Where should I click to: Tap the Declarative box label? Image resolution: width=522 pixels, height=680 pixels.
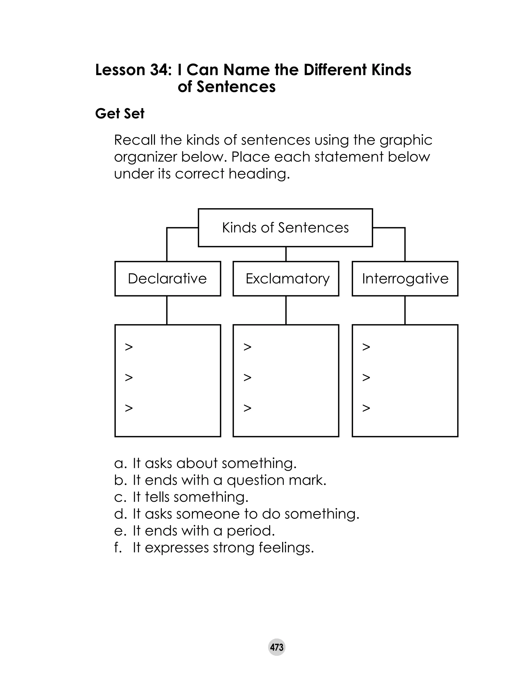(167, 278)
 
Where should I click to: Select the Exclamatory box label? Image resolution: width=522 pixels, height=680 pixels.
(288, 278)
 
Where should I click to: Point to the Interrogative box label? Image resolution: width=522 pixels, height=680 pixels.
(405, 278)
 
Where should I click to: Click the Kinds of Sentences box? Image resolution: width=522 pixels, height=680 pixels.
(285, 228)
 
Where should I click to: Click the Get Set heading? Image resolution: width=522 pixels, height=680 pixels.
(120, 114)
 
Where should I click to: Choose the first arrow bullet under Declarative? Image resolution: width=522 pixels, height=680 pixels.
(129, 347)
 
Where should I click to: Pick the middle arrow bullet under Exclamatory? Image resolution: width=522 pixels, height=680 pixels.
(247, 378)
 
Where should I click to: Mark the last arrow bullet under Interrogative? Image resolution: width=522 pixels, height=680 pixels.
(366, 408)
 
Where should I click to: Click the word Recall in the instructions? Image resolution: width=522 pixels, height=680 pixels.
(135, 140)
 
